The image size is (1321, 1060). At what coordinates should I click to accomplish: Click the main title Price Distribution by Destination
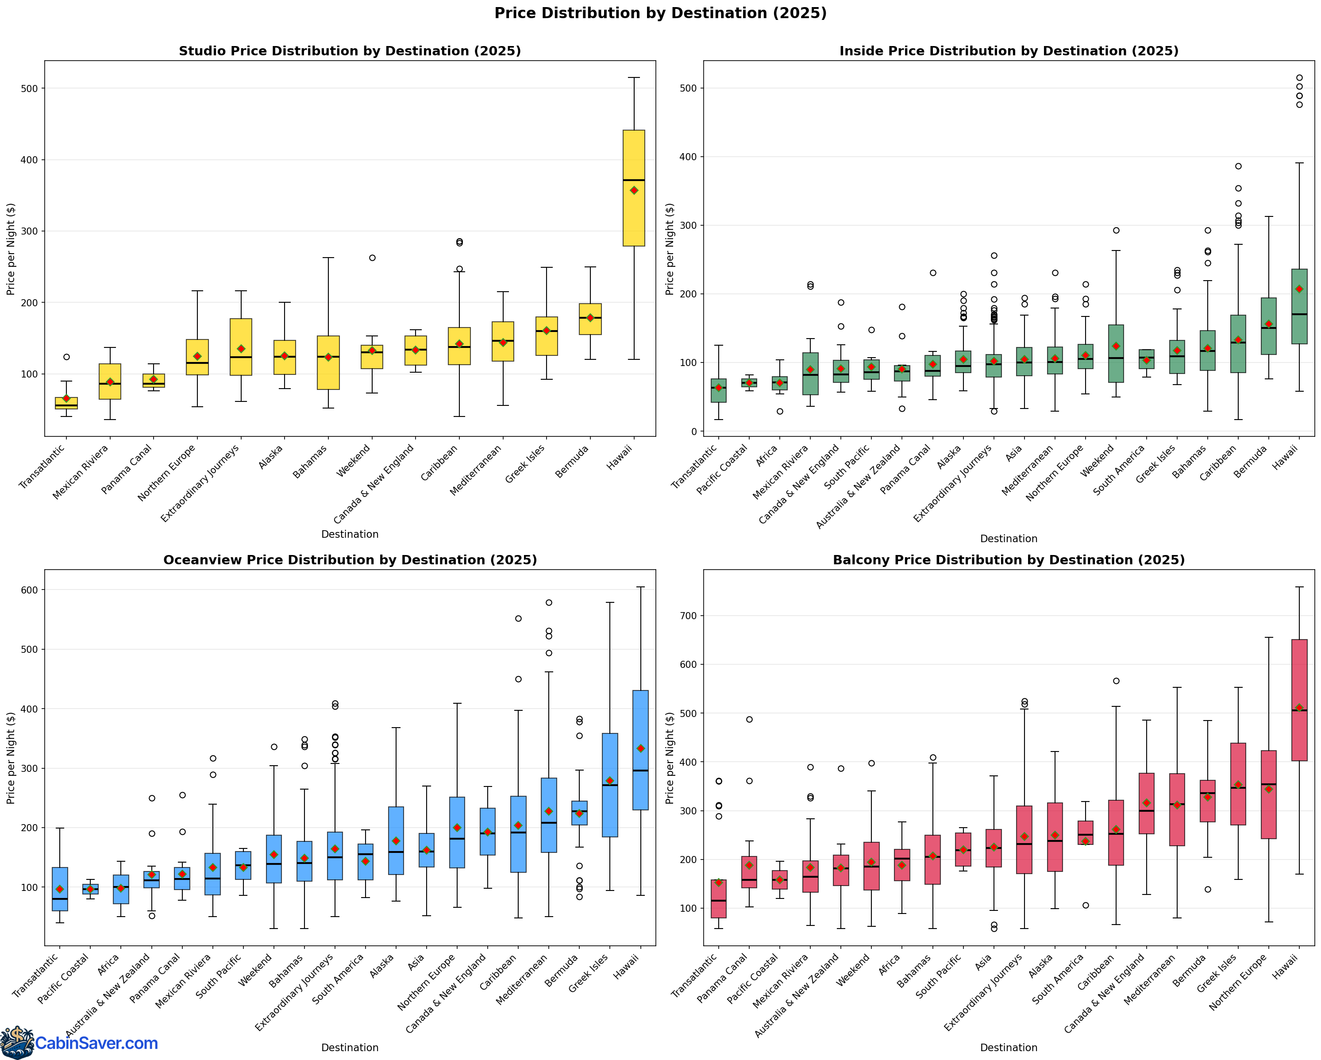point(660,13)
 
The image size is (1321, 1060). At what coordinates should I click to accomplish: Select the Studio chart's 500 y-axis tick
point(29,88)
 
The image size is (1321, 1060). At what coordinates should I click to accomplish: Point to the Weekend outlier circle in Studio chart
point(372,258)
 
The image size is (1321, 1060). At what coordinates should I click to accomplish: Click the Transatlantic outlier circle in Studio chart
point(67,357)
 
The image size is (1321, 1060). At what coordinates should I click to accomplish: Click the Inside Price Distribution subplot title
point(1009,51)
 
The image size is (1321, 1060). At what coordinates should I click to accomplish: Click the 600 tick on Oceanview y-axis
point(29,590)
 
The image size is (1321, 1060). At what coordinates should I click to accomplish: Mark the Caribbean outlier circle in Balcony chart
point(1116,681)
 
